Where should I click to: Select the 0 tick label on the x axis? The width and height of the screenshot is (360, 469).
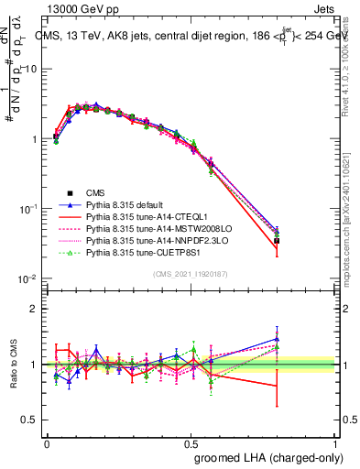(47, 443)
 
